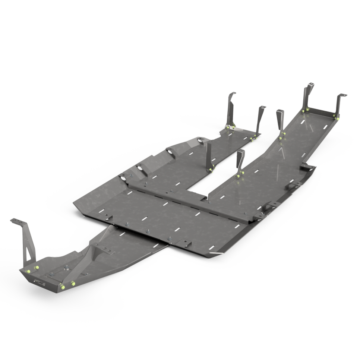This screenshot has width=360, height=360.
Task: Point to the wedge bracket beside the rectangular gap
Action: pyautogui.click(x=240, y=161)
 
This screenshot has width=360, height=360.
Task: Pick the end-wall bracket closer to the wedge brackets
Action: pyautogui.click(x=307, y=97)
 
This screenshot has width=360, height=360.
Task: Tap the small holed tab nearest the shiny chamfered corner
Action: pyautogui.click(x=185, y=243)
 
